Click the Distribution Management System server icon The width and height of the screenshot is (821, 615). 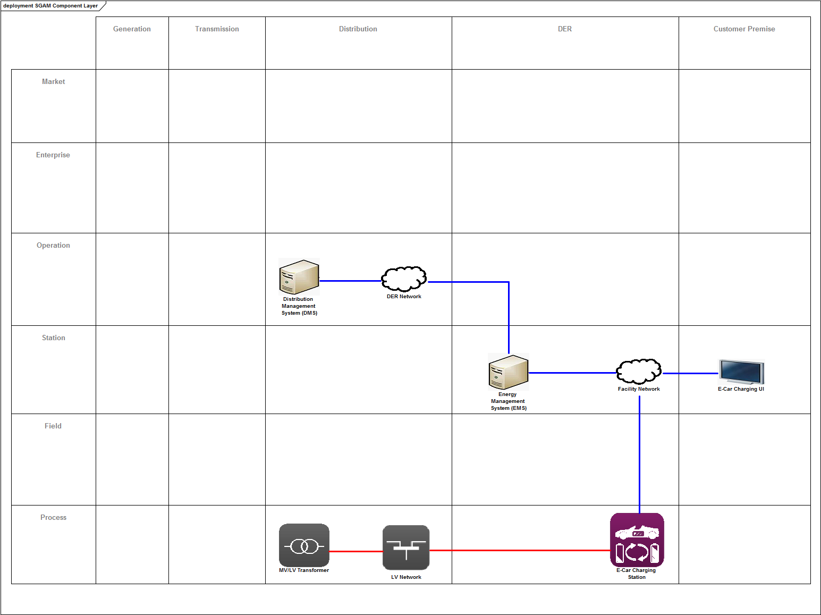(x=299, y=276)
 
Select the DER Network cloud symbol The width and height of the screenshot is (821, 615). (x=404, y=279)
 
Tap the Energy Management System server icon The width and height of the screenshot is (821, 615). (x=509, y=372)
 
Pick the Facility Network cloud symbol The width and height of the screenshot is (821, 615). (x=639, y=372)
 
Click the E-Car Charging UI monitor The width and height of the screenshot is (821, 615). (x=741, y=372)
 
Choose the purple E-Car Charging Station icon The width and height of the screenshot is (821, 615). (x=637, y=540)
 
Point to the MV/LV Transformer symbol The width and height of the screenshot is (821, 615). (x=304, y=545)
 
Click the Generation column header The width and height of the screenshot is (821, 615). (x=132, y=29)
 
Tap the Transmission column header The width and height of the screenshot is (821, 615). (x=217, y=29)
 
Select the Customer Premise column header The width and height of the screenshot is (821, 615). (x=744, y=29)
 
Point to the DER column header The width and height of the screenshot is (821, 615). (x=565, y=29)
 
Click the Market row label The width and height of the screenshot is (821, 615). (x=54, y=82)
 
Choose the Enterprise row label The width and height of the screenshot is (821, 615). (x=53, y=155)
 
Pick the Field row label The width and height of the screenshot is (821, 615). (x=53, y=426)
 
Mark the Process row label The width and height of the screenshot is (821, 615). (x=54, y=518)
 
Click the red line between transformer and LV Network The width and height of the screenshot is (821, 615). (x=356, y=551)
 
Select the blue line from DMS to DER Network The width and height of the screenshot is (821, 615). (x=350, y=281)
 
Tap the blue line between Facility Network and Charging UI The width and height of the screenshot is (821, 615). (x=690, y=373)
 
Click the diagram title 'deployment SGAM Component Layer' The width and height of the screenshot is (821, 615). (x=50, y=6)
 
